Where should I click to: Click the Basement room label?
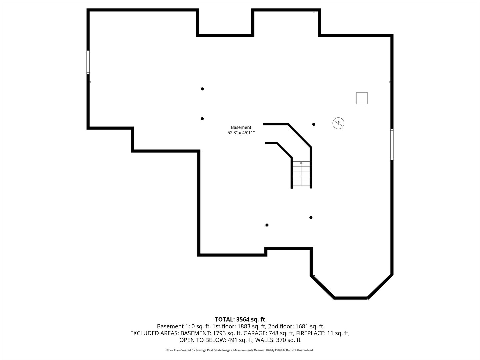click(241, 127)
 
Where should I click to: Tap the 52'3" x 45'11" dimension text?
click(241, 133)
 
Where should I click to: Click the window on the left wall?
click(88, 62)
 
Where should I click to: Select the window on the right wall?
click(392, 145)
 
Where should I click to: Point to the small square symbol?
click(362, 98)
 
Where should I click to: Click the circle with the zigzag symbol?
click(338, 123)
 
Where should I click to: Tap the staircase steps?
click(301, 174)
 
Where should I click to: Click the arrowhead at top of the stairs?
click(301, 163)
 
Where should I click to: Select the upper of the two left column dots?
click(202, 89)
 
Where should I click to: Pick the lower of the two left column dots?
click(202, 119)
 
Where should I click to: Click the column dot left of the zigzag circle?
click(314, 124)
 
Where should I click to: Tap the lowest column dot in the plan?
click(267, 225)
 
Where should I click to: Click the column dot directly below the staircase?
click(311, 217)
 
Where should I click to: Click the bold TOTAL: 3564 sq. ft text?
click(240, 320)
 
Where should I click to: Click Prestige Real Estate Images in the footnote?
click(214, 350)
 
